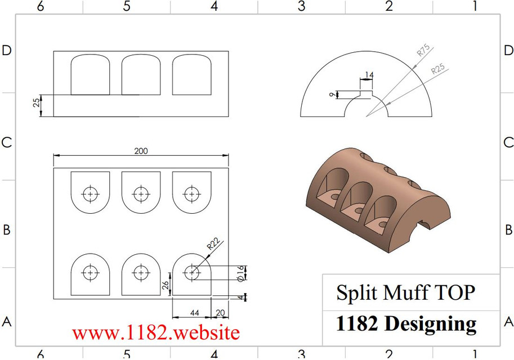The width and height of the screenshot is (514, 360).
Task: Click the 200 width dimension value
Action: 141,151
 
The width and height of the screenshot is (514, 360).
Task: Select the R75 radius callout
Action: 423,51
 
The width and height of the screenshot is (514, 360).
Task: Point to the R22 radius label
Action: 213,244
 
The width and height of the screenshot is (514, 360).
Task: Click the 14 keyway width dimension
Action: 369,75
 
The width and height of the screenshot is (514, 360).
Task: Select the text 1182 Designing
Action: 405,323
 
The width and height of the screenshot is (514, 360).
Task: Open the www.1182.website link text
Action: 155,332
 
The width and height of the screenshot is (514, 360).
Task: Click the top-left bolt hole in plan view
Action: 90,194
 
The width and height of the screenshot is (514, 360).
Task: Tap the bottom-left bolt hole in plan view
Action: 90,273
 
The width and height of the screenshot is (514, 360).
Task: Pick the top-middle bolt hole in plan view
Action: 141,194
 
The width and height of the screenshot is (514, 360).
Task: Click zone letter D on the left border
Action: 7,50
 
